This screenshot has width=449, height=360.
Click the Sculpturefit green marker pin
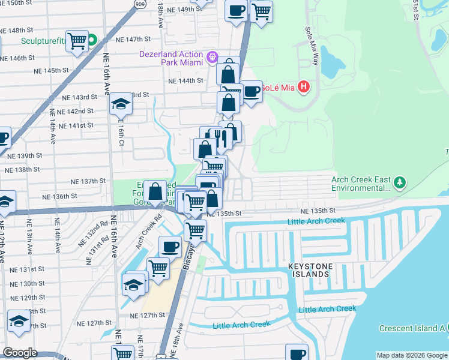[92, 41]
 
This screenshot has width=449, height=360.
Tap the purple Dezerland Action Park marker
[212, 58]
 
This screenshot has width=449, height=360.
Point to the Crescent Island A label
[412, 328]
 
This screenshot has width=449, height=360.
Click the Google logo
[20, 353]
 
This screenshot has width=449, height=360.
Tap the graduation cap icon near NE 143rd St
[121, 104]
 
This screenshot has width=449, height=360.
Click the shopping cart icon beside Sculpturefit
[77, 41]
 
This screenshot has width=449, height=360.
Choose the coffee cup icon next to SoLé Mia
[251, 91]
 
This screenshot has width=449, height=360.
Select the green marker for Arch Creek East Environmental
[400, 181]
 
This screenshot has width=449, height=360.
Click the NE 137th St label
[88, 181]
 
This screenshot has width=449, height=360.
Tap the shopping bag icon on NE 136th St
[155, 191]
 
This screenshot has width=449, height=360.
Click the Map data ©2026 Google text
[411, 355]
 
